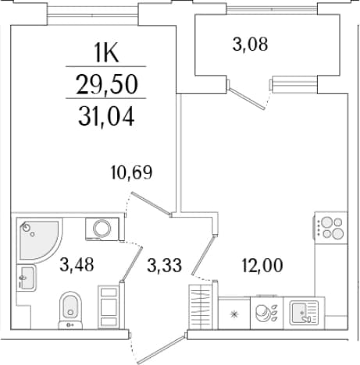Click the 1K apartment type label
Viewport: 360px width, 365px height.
107,53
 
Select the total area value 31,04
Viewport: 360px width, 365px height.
106,116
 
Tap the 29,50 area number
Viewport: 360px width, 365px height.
107,84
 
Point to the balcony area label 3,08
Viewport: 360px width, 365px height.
250,44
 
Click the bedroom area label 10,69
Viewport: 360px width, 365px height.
131,172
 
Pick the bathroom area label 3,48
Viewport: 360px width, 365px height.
77,264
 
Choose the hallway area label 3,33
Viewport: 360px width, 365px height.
164,265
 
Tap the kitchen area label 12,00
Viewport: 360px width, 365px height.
262,265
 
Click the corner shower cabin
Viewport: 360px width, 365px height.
39,239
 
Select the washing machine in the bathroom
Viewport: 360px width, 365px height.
102,229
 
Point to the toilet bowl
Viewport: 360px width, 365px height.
70,310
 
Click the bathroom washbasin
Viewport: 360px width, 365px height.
26,278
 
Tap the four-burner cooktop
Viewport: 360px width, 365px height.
331,228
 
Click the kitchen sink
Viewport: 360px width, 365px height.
304,313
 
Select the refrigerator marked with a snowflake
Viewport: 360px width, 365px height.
234,314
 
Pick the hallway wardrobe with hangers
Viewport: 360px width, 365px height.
201,307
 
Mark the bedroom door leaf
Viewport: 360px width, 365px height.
151,204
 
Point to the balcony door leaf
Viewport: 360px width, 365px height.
247,98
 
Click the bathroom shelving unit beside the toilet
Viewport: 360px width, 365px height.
109,307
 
